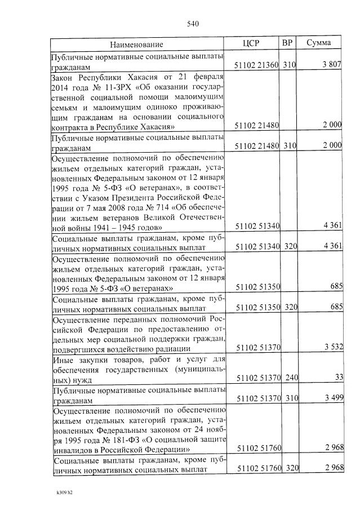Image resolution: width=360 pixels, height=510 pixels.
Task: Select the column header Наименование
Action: click(136, 44)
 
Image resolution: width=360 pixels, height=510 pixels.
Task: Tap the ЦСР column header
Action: click(250, 43)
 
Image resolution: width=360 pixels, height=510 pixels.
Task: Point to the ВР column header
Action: click(287, 43)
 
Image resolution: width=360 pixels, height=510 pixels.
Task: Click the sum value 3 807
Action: click(332, 65)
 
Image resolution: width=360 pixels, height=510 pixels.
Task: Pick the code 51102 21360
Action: click(257, 65)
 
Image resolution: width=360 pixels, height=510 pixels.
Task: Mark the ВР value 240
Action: click(290, 377)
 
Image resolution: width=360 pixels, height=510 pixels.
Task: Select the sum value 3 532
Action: click(332, 346)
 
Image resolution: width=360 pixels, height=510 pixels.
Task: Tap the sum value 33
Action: click(338, 377)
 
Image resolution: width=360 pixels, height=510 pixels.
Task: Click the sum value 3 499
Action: click(332, 399)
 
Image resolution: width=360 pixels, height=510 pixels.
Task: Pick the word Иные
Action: click(62, 358)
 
